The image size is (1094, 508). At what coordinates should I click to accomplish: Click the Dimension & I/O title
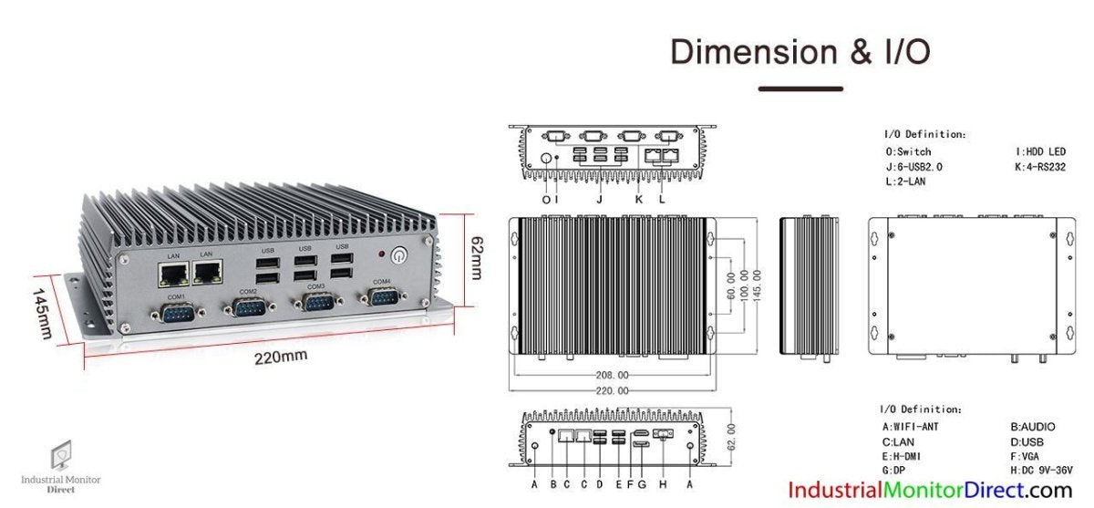tap(800, 51)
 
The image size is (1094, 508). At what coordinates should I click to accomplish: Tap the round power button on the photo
tap(398, 255)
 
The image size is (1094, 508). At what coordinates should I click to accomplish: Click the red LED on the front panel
tap(370, 254)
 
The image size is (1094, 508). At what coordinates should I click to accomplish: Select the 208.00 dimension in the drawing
tap(611, 375)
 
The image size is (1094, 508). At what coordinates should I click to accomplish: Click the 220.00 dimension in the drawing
tap(611, 389)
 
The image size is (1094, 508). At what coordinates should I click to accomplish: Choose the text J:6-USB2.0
tap(913, 167)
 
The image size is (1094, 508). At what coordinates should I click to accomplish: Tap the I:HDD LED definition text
tap(1039, 151)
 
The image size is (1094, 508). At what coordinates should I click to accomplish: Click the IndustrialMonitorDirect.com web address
tap(930, 491)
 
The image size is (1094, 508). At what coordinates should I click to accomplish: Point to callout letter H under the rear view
tap(664, 483)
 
